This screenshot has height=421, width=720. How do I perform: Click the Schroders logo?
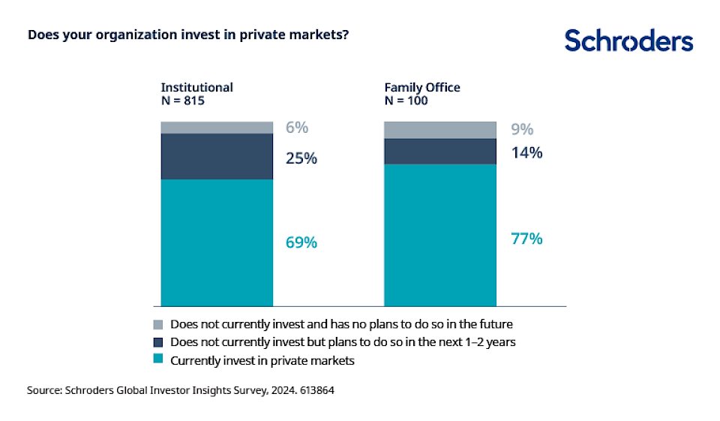coord(628,41)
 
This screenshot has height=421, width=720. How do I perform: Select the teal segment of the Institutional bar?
coord(217,242)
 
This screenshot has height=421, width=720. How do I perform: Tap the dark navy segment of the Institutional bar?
coord(217,156)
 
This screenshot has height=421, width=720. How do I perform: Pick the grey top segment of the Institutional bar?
coord(217,128)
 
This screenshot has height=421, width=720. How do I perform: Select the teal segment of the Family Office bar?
coord(440,235)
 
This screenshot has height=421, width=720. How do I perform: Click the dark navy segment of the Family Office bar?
coord(440,151)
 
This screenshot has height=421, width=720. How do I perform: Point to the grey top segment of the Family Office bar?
coord(440,130)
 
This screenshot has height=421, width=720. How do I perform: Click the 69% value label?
coord(301,243)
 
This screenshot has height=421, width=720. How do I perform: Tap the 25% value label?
coord(301,158)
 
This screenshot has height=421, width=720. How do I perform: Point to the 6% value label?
coord(297,128)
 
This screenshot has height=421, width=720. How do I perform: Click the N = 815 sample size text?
coord(183,101)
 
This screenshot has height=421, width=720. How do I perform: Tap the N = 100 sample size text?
coord(406,101)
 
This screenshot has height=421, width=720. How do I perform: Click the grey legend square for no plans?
coord(157,325)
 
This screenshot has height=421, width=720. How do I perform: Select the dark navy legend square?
coord(157,342)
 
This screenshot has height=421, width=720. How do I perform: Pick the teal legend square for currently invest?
coord(157,360)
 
